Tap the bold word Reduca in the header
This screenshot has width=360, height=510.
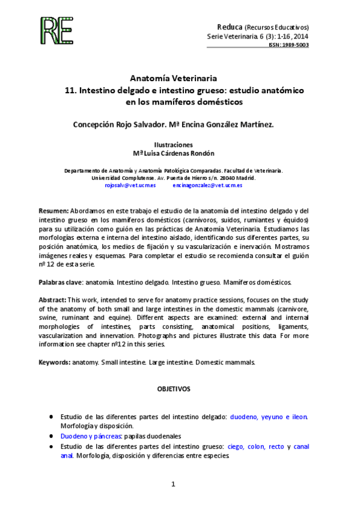click(229, 27)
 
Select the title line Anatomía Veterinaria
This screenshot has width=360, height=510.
click(173, 78)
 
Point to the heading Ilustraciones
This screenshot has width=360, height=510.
click(173, 145)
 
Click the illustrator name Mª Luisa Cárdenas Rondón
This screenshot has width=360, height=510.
click(173, 153)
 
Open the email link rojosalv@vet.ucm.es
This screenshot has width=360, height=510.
click(130, 186)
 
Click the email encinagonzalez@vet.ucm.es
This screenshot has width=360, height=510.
click(207, 186)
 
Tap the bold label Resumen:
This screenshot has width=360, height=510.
click(53, 211)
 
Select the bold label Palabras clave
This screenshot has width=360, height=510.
click(60, 281)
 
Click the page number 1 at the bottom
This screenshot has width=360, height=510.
click(173, 484)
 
